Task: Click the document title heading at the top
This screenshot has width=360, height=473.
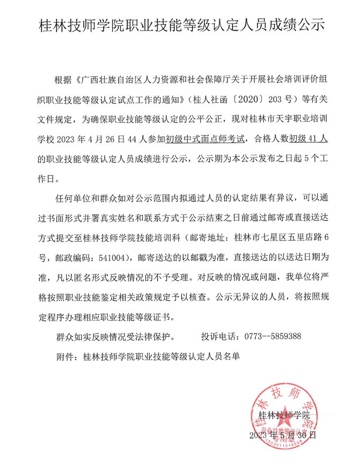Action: point(180,26)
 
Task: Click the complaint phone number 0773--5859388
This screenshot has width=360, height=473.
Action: point(272,336)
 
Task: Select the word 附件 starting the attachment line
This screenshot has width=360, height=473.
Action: point(65,356)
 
